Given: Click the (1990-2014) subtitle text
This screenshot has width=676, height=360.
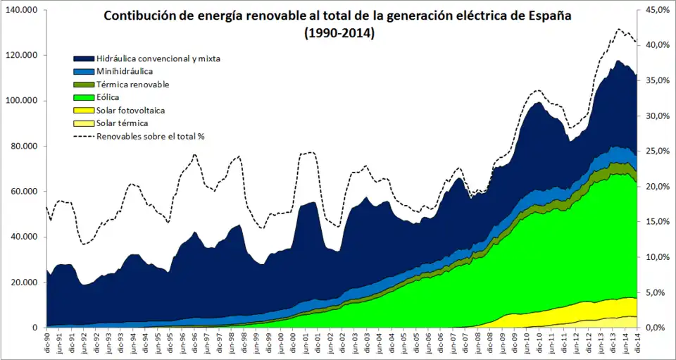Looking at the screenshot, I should (339, 32).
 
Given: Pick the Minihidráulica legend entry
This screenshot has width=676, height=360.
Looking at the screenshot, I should (125, 71).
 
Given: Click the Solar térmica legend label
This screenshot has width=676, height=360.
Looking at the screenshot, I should (122, 123).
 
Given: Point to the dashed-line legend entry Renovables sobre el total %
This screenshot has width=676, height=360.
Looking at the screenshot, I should (150, 136).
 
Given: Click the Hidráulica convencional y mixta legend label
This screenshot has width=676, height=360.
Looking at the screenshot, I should (158, 58).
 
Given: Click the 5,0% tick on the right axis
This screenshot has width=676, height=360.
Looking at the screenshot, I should (657, 292).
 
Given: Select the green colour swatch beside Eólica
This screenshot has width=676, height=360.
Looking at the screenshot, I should (84, 97).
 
